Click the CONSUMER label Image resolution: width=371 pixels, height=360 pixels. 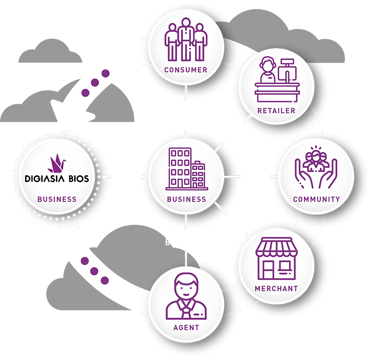(186, 70)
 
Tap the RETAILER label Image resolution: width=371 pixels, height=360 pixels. (276, 111)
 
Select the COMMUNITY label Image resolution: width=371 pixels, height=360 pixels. (316, 199)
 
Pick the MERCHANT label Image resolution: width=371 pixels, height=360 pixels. (276, 288)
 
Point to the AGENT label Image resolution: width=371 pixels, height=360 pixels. (186, 328)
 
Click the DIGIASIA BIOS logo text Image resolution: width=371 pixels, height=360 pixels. (57, 179)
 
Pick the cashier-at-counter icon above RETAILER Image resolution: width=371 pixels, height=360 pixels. (276, 82)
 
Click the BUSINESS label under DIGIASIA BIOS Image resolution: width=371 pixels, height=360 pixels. (57, 199)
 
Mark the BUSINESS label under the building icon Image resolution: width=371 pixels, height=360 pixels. (186, 199)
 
